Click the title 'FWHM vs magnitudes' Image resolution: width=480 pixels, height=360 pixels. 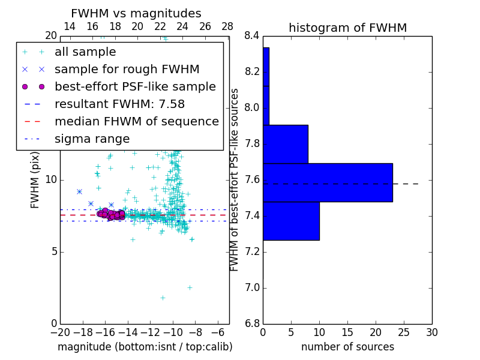point(136,14)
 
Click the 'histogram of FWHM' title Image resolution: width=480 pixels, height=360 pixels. point(347,28)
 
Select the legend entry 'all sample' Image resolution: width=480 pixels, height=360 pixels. point(85,52)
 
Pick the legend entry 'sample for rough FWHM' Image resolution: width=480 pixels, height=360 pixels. point(127,70)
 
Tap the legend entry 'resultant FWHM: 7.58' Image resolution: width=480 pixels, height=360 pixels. point(127,104)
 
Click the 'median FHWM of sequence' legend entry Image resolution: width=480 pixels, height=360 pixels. point(136,121)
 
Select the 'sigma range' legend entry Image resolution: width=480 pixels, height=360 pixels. point(92,139)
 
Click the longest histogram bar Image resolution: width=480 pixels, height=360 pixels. point(328,182)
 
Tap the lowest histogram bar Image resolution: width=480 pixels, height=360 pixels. point(291,221)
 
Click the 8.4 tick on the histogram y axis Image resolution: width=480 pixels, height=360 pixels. point(252,36)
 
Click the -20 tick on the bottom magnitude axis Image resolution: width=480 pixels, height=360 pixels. point(60,332)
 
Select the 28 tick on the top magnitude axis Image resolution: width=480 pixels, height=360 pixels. point(227,26)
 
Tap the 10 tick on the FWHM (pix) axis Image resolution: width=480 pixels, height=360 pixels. point(51,180)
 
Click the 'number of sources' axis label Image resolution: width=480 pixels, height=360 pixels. point(347,347)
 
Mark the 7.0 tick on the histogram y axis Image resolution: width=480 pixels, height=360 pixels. point(252,288)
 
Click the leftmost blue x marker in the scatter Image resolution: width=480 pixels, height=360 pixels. point(79,191)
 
